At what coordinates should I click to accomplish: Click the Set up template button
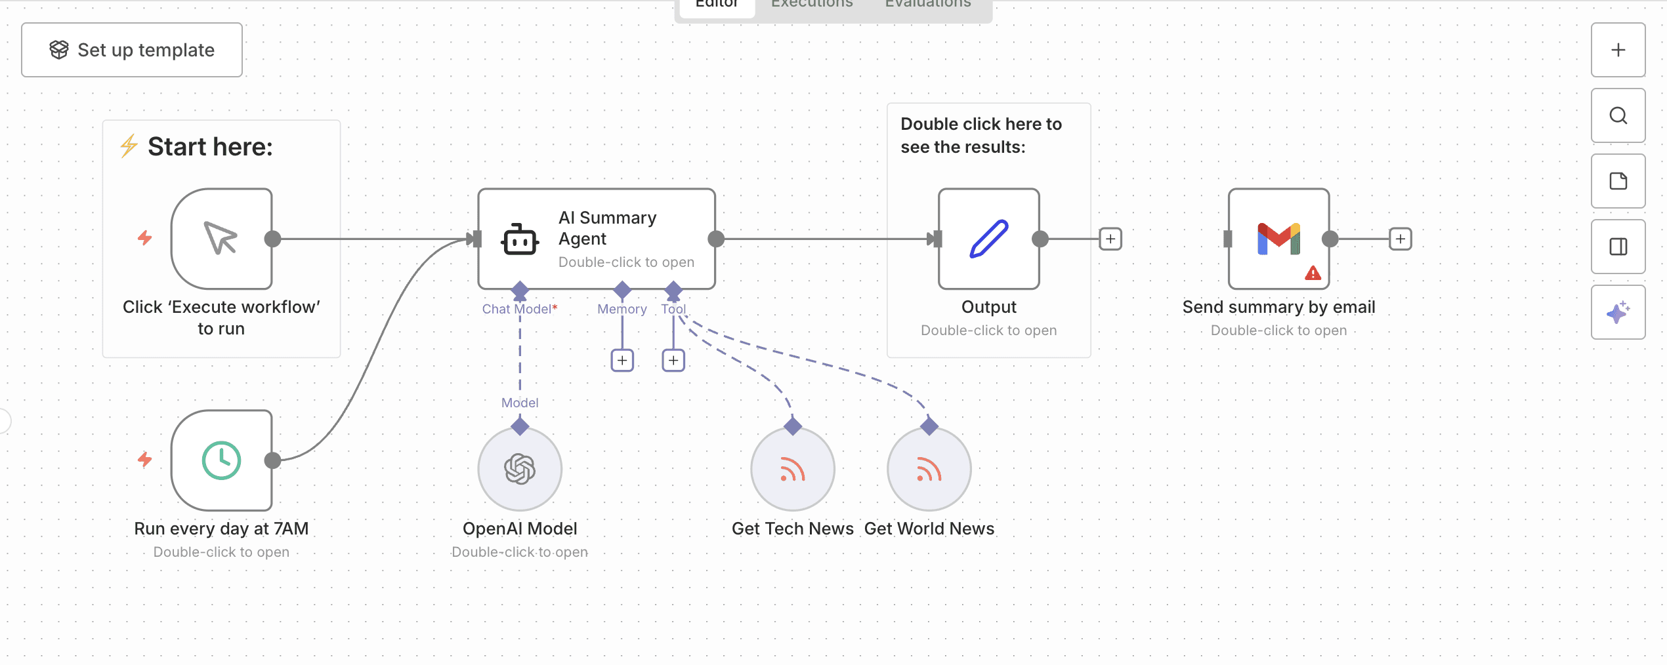132,50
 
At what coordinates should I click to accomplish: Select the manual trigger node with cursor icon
221,239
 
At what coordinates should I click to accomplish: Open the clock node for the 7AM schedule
221,460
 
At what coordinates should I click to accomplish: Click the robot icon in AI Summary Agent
520,239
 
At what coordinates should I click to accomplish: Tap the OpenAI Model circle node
520,469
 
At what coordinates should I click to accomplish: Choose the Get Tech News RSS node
793,469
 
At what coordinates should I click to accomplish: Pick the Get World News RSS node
929,469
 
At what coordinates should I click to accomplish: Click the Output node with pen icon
989,239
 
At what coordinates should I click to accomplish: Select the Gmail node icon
1278,239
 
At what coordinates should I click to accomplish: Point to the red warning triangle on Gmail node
1313,273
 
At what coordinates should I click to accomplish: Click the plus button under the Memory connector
622,360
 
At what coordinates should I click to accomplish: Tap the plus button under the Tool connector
673,360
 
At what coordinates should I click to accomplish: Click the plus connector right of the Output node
1110,239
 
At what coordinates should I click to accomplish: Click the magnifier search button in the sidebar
1618,115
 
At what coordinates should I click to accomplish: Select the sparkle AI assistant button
1618,312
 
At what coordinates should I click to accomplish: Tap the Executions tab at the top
812,4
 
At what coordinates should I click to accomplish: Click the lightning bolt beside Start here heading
129,146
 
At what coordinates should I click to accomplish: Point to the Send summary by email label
1278,307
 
